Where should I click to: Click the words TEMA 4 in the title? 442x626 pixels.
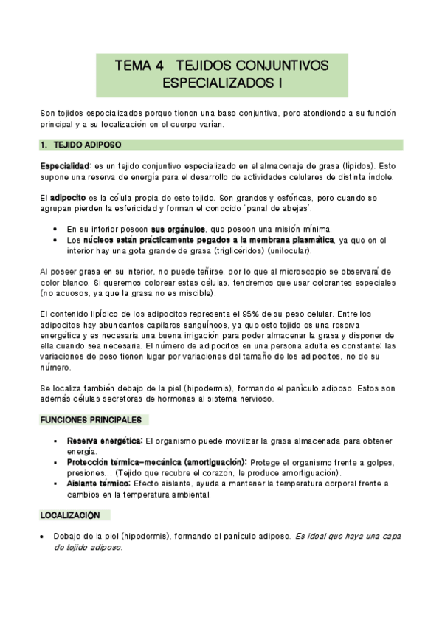[x=138, y=66]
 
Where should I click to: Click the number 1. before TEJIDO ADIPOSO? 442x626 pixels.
[x=44, y=145]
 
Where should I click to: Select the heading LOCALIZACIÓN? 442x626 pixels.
[x=72, y=515]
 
